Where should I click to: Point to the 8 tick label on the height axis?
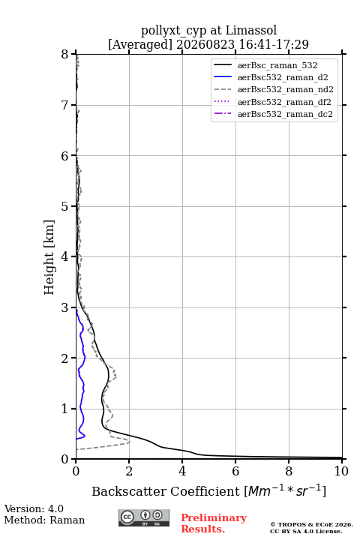[65, 55]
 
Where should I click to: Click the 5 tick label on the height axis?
[65, 206]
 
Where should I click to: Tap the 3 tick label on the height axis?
[65, 307]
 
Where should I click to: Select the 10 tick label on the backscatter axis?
[341, 471]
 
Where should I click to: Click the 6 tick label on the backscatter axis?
[235, 471]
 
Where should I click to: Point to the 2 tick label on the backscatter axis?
[129, 471]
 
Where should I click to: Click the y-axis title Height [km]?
[49, 257]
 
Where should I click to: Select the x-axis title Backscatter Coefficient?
[166, 491]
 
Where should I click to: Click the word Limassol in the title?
[251, 31]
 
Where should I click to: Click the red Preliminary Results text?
[214, 523]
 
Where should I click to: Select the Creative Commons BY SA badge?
[144, 518]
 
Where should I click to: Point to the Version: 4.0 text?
[34, 509]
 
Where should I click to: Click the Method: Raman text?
[44, 520]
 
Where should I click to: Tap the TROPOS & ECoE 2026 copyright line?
[311, 525]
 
